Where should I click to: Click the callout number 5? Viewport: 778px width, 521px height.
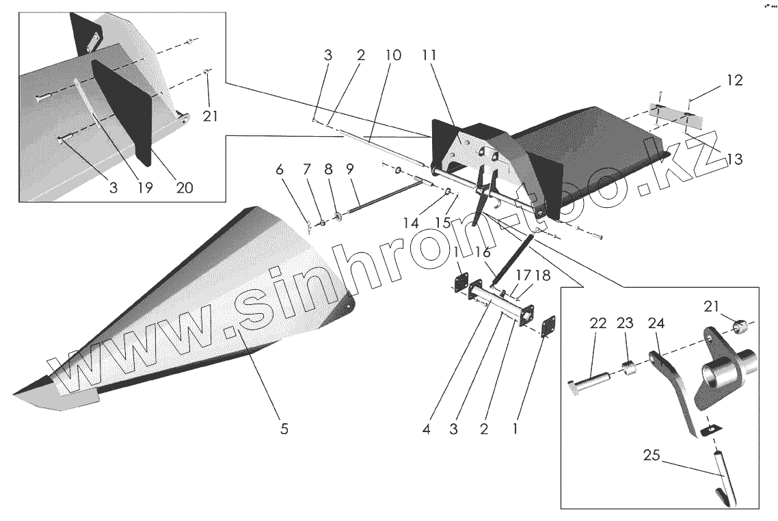(284, 429)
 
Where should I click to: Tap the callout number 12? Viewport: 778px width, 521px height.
(734, 80)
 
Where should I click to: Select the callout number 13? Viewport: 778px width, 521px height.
(734, 159)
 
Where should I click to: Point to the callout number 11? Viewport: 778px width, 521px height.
(429, 56)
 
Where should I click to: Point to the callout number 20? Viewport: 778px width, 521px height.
(183, 187)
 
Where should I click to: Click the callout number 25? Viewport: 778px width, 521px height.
(651, 455)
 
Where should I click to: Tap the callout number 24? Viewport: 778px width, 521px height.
(655, 323)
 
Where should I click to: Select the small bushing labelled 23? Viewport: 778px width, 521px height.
(630, 369)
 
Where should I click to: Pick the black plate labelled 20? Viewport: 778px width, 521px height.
(123, 113)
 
